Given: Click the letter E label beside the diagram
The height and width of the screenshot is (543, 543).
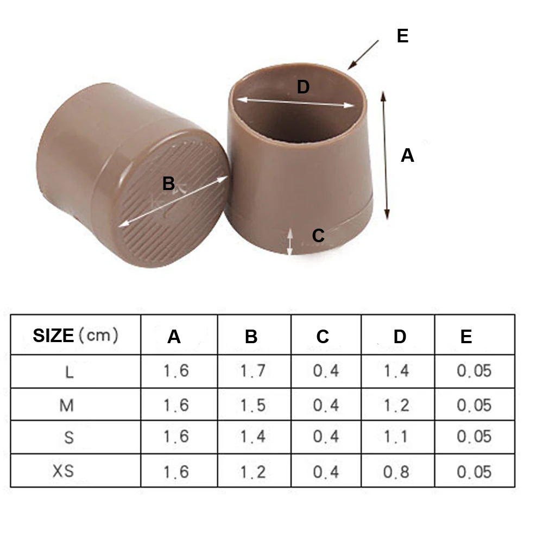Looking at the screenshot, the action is point(402,36).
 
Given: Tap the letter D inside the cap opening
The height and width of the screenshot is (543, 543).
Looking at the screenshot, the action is point(304,87).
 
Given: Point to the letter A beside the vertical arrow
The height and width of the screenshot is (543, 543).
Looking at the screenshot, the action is point(407,155).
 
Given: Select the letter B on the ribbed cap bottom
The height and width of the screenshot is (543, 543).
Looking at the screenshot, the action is point(169,184).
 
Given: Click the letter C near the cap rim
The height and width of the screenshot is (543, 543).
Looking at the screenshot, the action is point(318,236).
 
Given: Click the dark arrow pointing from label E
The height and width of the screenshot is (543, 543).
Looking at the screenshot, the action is point(363,55).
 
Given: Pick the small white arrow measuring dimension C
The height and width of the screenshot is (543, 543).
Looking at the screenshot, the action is point(290,242).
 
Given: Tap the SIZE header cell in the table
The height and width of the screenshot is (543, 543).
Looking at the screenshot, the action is point(75,335).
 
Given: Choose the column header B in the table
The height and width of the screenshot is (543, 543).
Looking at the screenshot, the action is point(251,337).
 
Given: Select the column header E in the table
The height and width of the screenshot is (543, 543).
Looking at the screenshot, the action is point(466,336).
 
